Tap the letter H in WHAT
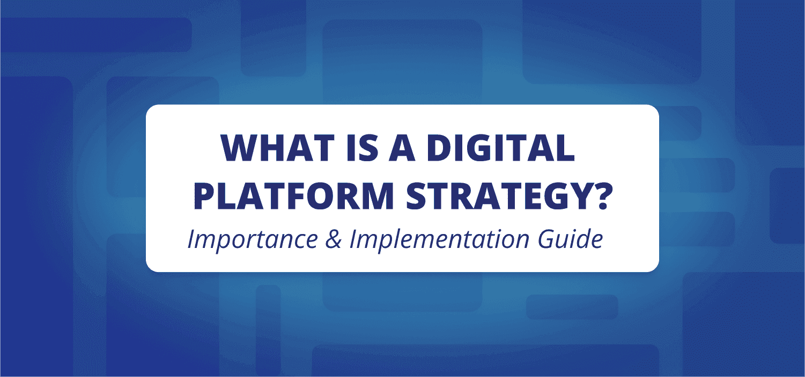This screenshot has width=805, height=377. [270, 148]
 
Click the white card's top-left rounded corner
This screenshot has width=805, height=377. [150, 109]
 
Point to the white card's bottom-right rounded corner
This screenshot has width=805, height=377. [654, 267]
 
